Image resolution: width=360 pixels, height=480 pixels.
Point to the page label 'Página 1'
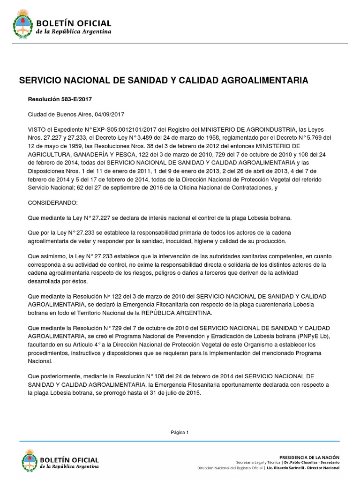point(180,433)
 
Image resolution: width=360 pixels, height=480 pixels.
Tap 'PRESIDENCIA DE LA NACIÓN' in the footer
point(309,457)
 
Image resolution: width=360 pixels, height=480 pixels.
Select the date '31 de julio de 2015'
point(169,393)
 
